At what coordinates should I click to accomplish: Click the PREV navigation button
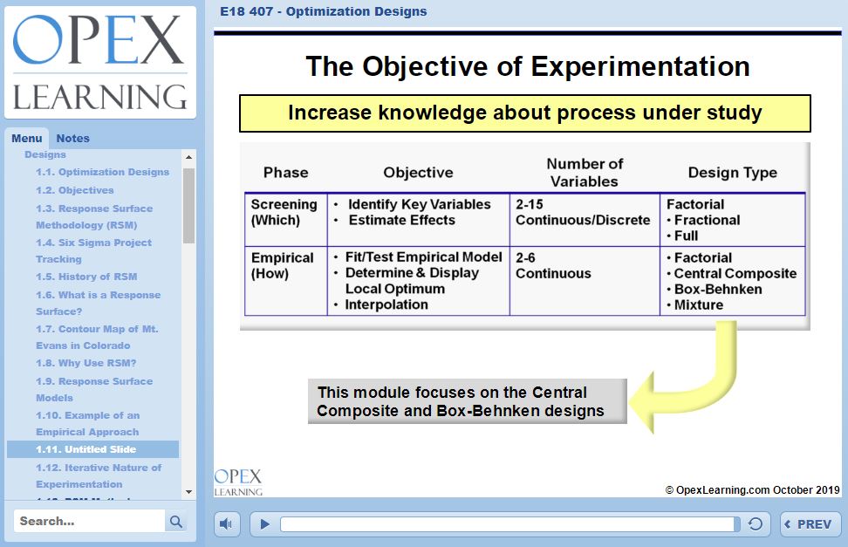(x=810, y=524)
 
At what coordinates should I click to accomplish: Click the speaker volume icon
(x=226, y=524)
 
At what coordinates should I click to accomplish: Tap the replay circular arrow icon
(x=756, y=524)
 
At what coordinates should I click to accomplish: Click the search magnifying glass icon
(x=176, y=522)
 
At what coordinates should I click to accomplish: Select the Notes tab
(x=72, y=138)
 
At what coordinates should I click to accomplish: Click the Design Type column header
(x=732, y=173)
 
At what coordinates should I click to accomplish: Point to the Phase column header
(x=285, y=173)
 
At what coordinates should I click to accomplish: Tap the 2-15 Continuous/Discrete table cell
(x=583, y=212)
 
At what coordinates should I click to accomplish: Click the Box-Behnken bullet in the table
(x=717, y=289)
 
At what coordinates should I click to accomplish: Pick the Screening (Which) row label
(x=284, y=212)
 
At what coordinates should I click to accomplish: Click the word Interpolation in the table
(x=386, y=304)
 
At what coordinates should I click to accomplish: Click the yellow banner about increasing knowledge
(x=524, y=113)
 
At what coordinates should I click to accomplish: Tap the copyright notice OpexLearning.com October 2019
(x=752, y=490)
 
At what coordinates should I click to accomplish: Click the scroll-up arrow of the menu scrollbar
(x=188, y=157)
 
